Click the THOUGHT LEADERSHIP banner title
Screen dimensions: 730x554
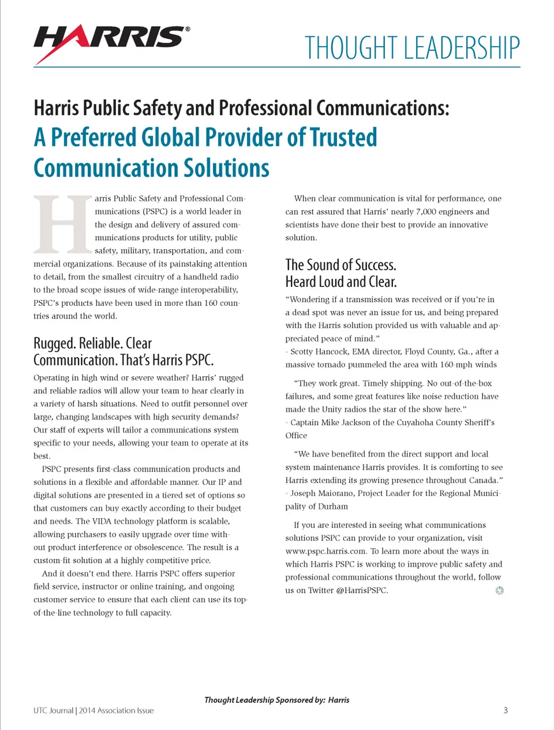pyautogui.click(x=412, y=48)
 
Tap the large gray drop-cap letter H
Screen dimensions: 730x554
pyautogui.click(x=62, y=225)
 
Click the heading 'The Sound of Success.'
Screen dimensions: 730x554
pyautogui.click(x=340, y=265)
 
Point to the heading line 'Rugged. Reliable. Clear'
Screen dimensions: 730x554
pyautogui.click(x=92, y=344)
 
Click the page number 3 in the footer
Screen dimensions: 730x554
pyautogui.click(x=506, y=710)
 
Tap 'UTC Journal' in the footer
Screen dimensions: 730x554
pyautogui.click(x=53, y=710)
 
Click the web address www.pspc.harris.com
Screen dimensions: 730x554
pyautogui.click(x=326, y=551)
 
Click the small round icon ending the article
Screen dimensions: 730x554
pyautogui.click(x=500, y=590)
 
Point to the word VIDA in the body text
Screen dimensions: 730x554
pyautogui.click(x=102, y=521)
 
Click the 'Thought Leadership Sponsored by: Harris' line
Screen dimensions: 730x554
pyautogui.click(x=276, y=700)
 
